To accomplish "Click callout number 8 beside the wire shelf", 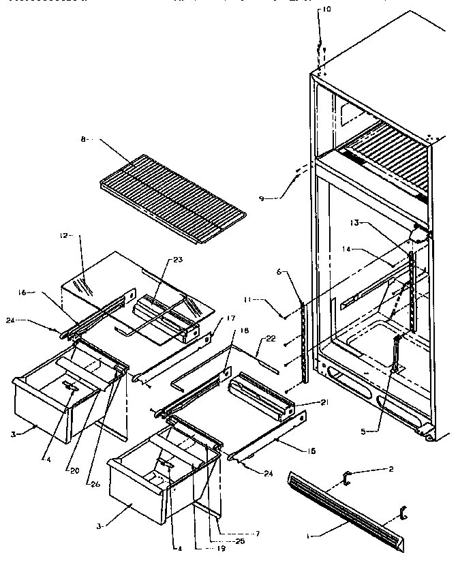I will (83, 139).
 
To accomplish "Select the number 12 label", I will (63, 235).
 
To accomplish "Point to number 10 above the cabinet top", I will (326, 10).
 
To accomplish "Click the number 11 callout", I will (269, 299).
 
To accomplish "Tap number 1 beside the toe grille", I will (308, 537).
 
